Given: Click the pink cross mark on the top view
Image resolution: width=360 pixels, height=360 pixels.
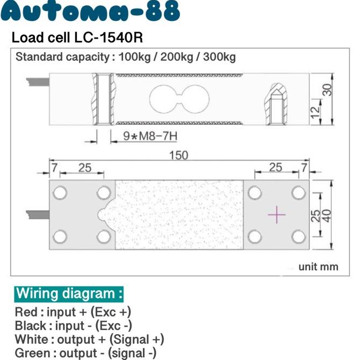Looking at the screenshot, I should click(x=277, y=214).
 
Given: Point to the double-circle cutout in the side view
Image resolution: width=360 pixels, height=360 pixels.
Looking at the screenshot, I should click(x=178, y=99).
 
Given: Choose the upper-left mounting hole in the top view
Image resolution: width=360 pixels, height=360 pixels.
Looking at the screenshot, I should click(x=60, y=192).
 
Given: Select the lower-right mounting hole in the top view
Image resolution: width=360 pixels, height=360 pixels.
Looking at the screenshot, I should click(x=298, y=236).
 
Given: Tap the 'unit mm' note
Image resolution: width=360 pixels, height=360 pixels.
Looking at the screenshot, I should click(x=318, y=267).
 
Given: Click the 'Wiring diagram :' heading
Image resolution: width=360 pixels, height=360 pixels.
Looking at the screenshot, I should click(x=69, y=293).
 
